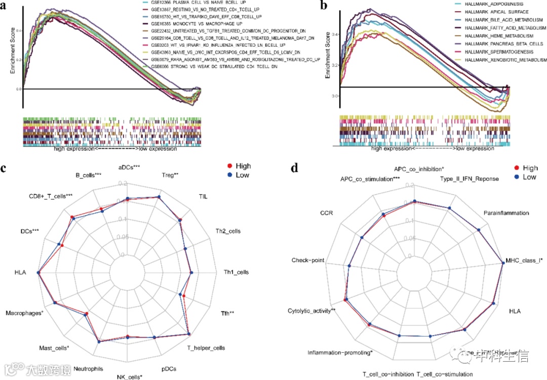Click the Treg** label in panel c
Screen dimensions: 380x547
170,176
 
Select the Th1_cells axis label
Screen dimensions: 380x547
236,272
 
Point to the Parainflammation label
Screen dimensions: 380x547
505,213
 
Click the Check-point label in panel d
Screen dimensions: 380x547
307,260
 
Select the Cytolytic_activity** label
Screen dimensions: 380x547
312,311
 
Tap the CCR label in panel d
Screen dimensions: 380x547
326,213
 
